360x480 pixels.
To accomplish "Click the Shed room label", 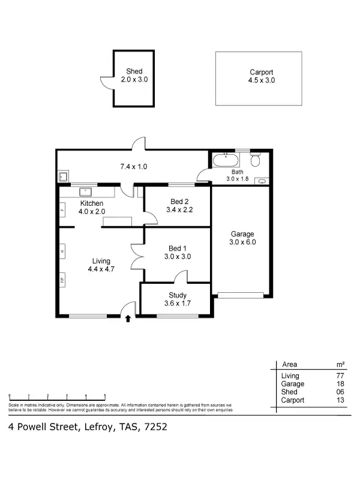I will point(134,71).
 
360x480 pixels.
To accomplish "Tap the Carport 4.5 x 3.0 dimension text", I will point(262,80).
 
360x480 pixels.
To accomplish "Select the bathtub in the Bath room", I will point(225,161).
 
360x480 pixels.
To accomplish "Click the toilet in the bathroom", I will point(255,160).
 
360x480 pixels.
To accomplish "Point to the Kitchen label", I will point(92,203).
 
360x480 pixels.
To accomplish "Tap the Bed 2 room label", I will point(179,201).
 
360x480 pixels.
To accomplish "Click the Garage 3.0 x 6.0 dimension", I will point(242,242).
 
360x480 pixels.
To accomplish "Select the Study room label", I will point(178,295).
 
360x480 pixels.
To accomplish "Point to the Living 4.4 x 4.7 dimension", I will point(101,269).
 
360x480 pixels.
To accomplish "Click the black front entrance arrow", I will point(128,319).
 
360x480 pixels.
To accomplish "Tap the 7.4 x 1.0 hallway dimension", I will point(133,166).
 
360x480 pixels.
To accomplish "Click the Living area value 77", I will point(340,376).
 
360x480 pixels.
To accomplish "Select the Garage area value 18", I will point(340,384).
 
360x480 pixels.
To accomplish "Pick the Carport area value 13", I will point(340,400).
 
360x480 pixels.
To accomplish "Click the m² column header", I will point(340,364).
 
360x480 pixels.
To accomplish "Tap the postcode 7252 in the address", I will point(155,427).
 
